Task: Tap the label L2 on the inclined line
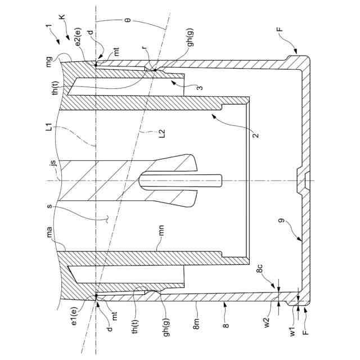161,133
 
